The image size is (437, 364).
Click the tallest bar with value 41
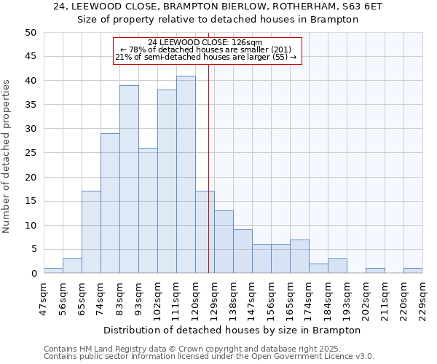click(x=186, y=175)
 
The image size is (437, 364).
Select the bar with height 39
click(x=129, y=179)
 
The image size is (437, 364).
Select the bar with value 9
click(x=243, y=251)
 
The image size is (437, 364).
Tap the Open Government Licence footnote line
click(x=209, y=357)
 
